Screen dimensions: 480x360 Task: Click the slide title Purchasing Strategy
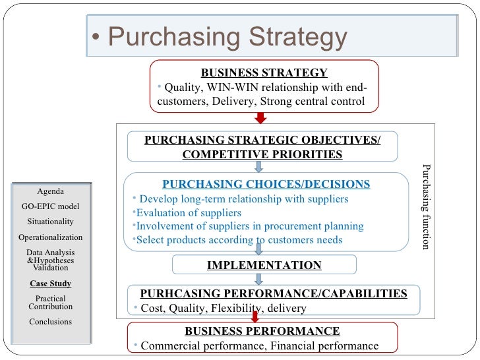tap(227, 38)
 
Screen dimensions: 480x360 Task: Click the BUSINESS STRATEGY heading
tap(264, 73)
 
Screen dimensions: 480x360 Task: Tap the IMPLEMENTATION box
tap(264, 265)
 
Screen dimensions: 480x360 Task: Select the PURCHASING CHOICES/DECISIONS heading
tap(266, 184)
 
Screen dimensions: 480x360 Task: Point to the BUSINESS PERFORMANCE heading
tap(262, 331)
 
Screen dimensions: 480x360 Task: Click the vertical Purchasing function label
tap(426, 206)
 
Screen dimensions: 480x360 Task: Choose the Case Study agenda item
tap(51, 284)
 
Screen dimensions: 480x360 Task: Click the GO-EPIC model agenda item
tap(51, 206)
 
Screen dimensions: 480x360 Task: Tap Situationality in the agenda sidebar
tap(51, 222)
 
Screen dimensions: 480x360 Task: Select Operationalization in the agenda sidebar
tap(51, 237)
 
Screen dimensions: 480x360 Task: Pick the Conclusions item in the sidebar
tap(51, 322)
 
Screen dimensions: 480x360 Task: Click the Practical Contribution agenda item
tap(51, 303)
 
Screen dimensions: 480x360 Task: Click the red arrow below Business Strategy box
tap(260, 117)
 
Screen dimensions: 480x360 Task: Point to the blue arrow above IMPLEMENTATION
tap(259, 249)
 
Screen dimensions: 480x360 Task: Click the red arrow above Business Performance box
tap(255, 317)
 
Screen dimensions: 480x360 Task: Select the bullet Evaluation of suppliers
tap(188, 213)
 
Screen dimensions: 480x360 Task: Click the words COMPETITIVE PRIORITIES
tap(262, 155)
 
